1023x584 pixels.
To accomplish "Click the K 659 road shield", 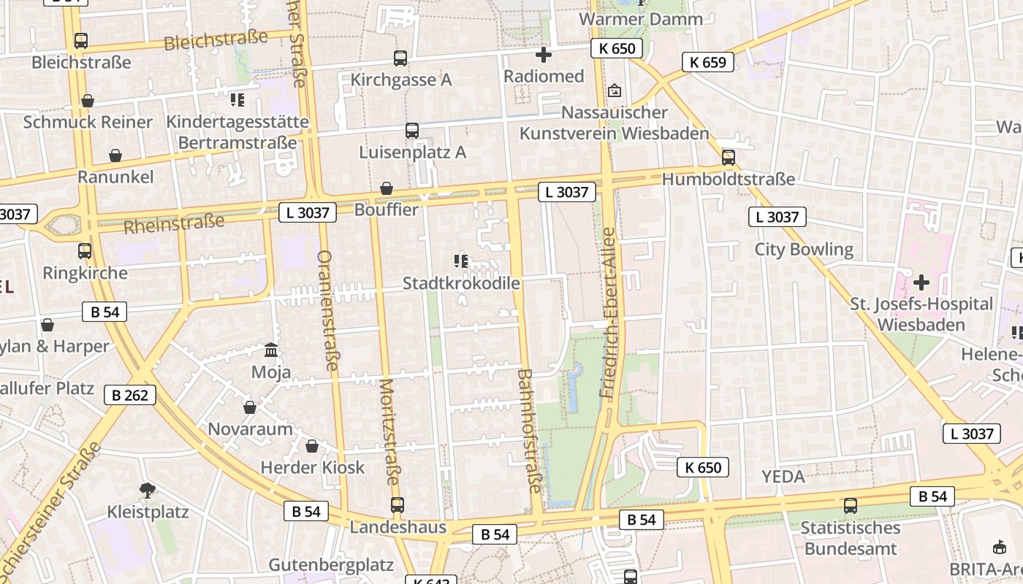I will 708,62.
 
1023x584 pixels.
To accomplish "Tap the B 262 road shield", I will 130,396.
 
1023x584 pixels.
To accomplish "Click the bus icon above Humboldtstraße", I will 728,157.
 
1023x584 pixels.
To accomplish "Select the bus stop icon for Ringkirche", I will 85,251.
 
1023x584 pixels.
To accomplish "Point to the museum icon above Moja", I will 271,350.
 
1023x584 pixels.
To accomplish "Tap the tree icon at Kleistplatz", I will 148,490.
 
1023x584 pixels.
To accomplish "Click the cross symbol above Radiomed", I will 544,55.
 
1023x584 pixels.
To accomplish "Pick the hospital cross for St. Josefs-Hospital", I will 921,282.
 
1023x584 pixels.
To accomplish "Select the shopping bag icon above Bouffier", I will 387,188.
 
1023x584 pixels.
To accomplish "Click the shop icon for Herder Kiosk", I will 312,446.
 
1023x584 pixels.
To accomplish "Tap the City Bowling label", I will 804,250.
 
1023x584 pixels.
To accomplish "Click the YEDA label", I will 783,477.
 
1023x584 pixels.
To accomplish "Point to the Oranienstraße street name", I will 327,310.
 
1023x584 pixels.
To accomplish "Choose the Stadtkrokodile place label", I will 461,283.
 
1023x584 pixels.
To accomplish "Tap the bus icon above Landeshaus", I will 397,504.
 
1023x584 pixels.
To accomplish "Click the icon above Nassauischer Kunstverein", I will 615,91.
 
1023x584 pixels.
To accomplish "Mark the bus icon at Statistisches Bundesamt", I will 850,506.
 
